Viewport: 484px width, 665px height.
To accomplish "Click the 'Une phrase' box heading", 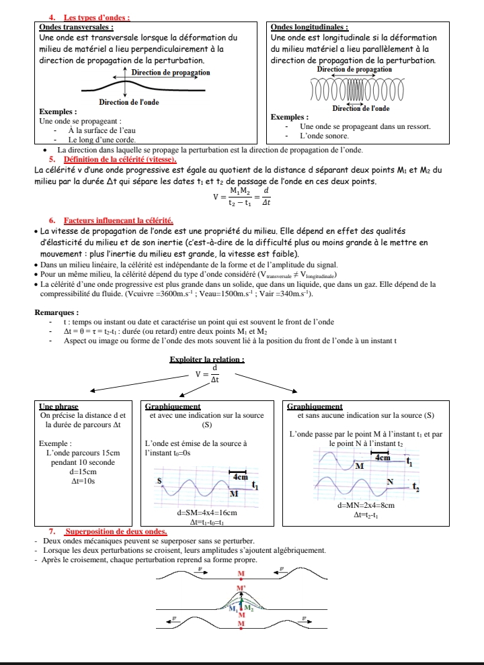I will (x=58, y=406).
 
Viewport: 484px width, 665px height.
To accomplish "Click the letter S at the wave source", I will (x=160, y=481).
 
